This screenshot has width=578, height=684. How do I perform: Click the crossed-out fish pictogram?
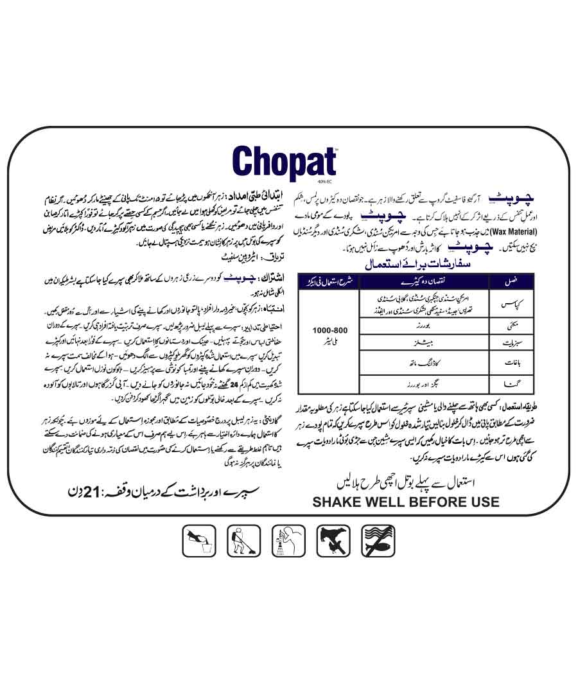(x=378, y=539)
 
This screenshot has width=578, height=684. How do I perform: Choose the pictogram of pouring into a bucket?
(x=198, y=539)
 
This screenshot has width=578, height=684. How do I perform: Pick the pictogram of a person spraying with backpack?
(x=243, y=539)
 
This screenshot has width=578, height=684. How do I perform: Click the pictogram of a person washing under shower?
(x=288, y=539)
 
